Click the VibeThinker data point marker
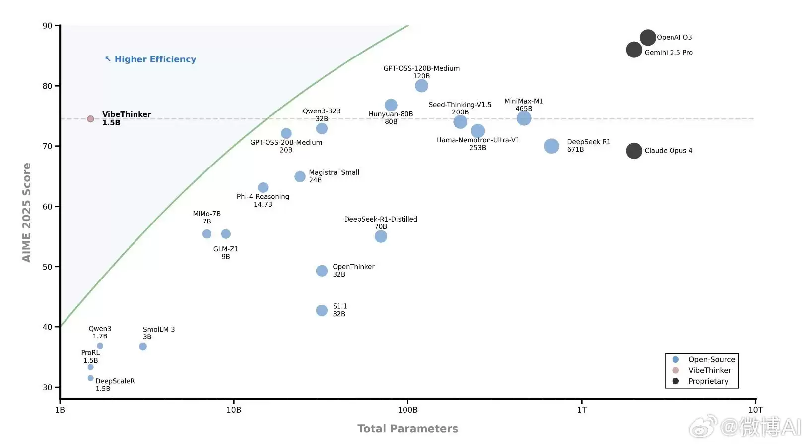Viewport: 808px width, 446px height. (90, 119)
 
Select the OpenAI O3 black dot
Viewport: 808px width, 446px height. (648, 37)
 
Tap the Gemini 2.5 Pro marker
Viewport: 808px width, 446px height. (634, 50)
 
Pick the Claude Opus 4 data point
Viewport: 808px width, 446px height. (634, 151)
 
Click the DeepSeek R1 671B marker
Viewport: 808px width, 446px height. (551, 146)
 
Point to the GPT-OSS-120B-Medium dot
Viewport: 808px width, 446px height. (421, 86)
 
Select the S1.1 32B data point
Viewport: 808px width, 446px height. (322, 310)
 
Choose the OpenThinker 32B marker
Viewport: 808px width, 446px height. (322, 271)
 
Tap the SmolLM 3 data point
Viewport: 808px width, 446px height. (143, 346)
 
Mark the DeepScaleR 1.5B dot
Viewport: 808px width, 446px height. (90, 378)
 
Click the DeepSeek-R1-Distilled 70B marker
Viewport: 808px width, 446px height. (381, 236)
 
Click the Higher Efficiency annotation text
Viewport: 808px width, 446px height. (155, 59)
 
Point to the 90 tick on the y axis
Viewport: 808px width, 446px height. (48, 26)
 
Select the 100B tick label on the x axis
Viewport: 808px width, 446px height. (407, 410)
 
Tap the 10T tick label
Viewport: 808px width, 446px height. (755, 410)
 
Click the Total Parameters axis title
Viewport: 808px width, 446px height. (407, 429)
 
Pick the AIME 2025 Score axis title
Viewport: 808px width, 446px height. (27, 212)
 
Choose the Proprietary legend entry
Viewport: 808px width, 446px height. (708, 381)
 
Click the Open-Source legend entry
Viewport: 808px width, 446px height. (711, 359)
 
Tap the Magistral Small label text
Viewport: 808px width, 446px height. (334, 172)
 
